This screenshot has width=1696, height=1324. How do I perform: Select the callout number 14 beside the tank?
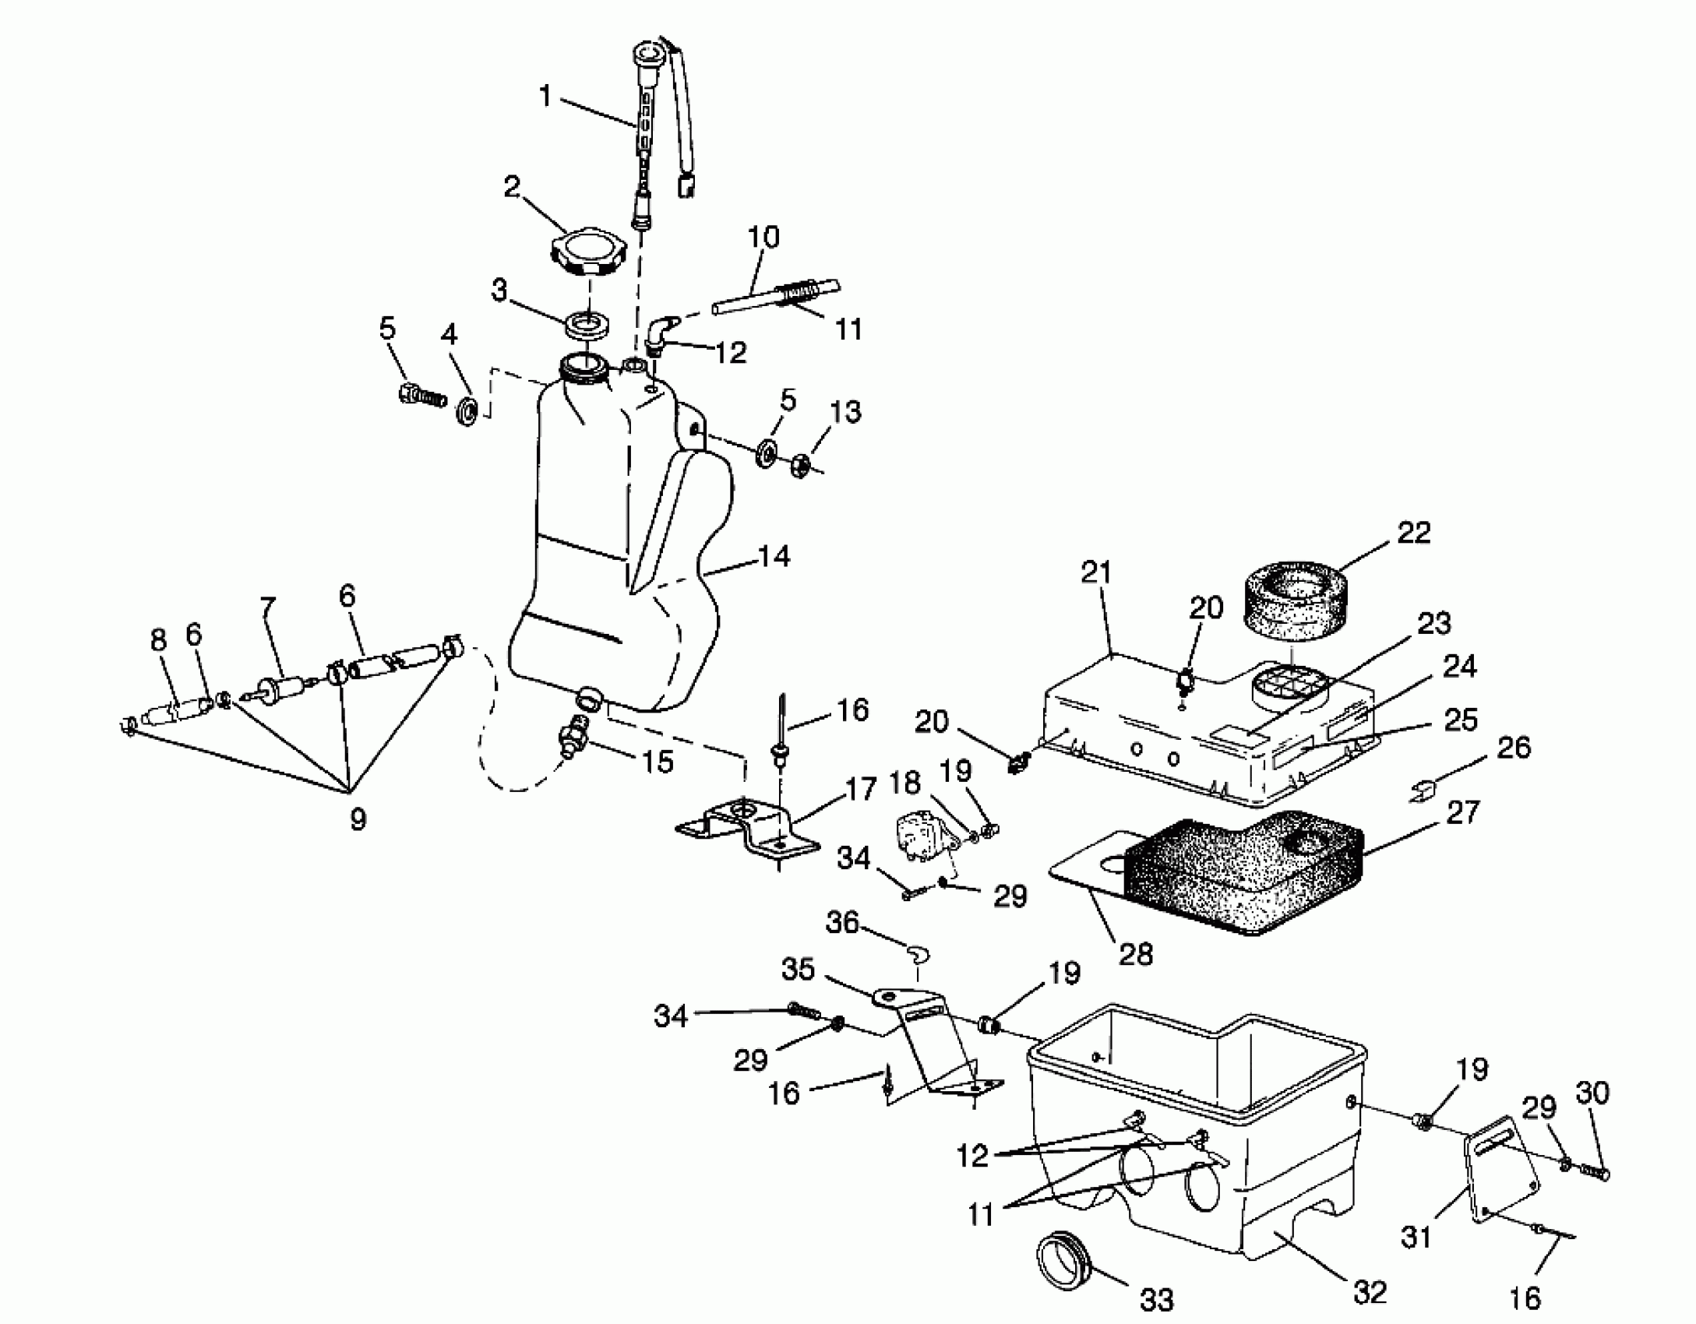[x=774, y=556]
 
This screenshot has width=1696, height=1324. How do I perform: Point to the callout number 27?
[x=1462, y=812]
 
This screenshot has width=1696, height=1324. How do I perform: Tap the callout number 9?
[x=358, y=819]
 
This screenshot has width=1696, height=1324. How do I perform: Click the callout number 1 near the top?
[x=545, y=97]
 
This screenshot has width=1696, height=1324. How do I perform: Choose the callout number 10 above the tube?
[x=763, y=237]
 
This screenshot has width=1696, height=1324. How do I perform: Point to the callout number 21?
[x=1096, y=572]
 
